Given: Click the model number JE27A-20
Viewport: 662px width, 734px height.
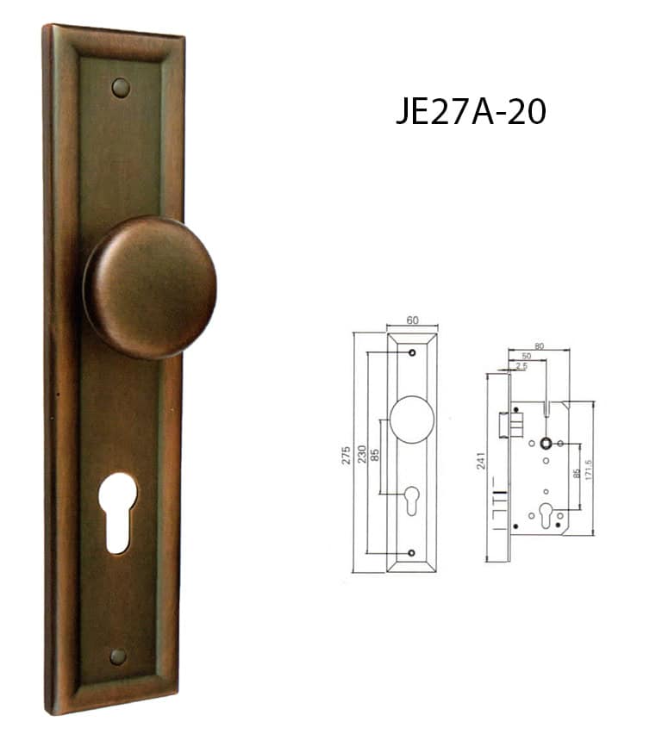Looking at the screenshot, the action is click(x=471, y=112).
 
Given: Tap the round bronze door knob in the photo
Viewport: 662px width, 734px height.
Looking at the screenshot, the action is click(x=150, y=287).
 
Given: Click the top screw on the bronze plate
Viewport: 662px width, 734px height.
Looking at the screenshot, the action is click(x=121, y=88).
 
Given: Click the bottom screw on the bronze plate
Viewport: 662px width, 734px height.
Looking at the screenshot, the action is click(x=118, y=656).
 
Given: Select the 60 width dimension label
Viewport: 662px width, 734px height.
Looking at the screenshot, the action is click(x=412, y=320).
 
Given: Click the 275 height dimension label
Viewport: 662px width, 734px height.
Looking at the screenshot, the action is click(x=347, y=456).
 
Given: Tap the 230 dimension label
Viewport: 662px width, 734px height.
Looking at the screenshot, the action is click(x=362, y=454).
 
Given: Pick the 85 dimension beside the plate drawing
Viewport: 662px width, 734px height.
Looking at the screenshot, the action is click(x=375, y=455).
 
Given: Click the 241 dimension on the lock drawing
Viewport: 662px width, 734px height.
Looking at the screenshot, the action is click(x=481, y=461).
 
